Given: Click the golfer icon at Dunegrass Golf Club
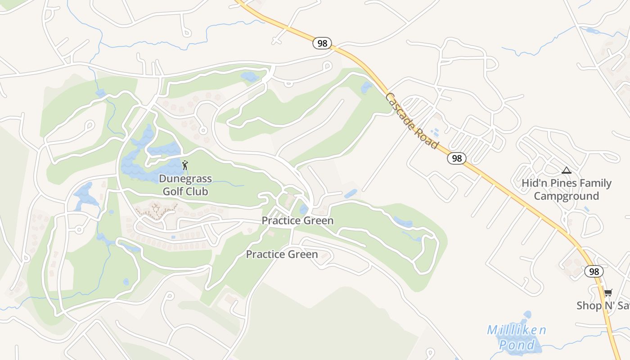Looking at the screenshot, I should (x=185, y=165).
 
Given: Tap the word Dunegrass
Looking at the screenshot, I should (x=185, y=179).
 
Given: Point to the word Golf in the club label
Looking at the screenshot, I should (x=173, y=191).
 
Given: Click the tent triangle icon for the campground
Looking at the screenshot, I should (x=566, y=171).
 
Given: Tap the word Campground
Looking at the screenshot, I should (x=566, y=196).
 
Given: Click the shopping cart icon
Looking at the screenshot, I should (x=608, y=293).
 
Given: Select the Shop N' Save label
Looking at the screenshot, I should (x=603, y=306).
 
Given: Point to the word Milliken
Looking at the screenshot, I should (x=517, y=330).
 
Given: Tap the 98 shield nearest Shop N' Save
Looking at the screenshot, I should (x=594, y=271).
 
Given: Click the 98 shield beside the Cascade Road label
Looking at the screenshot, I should (x=456, y=158).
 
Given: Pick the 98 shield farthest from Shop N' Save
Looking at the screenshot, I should (x=322, y=43).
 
